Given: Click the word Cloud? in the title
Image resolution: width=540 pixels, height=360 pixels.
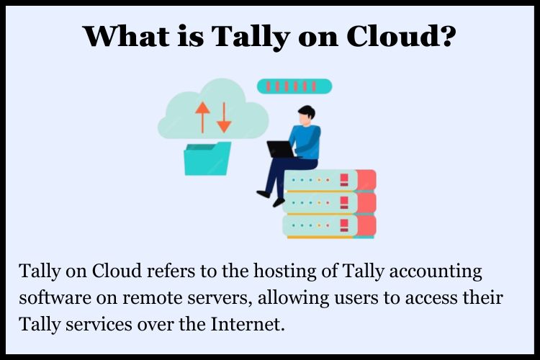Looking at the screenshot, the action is (402, 36).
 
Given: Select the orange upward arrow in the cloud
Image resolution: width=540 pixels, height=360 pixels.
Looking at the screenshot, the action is (202, 117).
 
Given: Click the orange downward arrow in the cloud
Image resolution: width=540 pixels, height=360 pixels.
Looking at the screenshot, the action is (224, 117).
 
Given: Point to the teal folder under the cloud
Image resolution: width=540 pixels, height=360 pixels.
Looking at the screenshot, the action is (207, 158).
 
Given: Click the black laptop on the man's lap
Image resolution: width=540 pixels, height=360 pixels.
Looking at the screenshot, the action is (281, 149).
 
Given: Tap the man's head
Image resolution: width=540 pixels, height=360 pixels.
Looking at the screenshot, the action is (306, 115).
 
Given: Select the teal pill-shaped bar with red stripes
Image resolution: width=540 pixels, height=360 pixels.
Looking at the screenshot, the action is (294, 86).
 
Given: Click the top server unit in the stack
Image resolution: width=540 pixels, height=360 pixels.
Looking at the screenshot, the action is (330, 180).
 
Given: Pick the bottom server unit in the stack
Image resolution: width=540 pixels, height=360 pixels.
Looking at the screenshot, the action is (330, 226).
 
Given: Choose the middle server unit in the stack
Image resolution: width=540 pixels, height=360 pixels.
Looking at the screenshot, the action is (330, 203).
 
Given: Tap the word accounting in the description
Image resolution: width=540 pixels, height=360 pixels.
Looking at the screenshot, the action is (436, 272).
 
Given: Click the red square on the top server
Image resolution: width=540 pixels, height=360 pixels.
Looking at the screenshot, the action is (344, 180).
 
